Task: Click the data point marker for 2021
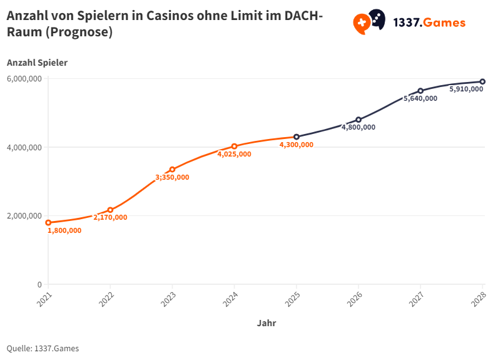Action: pos(48,223)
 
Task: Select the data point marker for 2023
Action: pos(172,170)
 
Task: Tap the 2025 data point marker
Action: pos(297,137)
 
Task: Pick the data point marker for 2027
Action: pos(420,91)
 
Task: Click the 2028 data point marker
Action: pos(482,81)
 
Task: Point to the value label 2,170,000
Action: pos(110,218)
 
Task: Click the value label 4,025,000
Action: pos(234,154)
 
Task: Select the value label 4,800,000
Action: pos(358,127)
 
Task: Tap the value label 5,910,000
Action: pos(466,89)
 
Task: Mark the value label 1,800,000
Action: pos(64,230)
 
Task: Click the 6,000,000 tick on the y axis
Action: pos(24,79)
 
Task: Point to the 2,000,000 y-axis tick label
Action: pos(24,216)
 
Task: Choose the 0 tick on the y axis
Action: pos(39,285)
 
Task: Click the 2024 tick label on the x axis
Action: pos(231,296)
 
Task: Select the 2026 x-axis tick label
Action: pos(355,296)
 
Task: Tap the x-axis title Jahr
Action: pos(266,324)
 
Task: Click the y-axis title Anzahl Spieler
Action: pos(37,63)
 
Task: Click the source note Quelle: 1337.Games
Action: pos(43,348)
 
